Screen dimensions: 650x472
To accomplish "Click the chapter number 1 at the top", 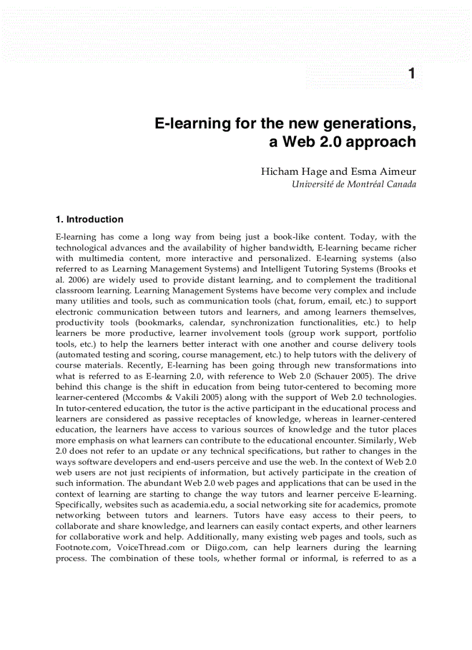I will click(x=411, y=74).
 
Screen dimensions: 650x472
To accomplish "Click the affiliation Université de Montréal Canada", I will click(x=354, y=184).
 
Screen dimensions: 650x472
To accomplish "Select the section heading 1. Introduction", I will click(x=89, y=219).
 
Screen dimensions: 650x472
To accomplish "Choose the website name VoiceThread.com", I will click(x=151, y=547).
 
